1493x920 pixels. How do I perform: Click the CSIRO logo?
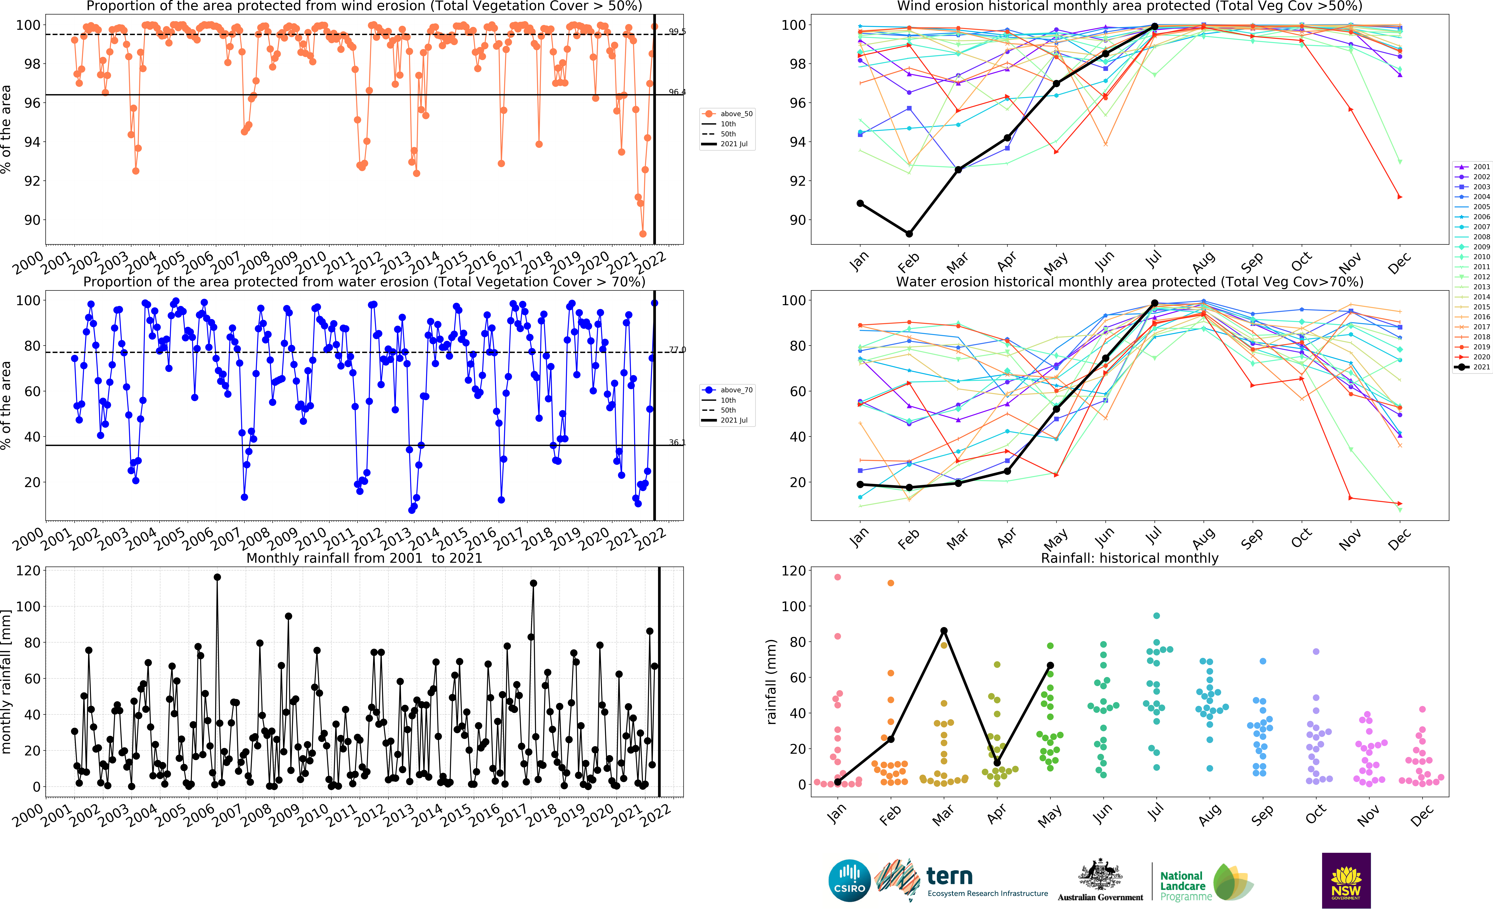coord(849,880)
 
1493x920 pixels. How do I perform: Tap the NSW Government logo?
coord(1346,880)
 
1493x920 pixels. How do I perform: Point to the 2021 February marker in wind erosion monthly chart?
coord(909,234)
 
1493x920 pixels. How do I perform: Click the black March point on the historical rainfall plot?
coord(944,631)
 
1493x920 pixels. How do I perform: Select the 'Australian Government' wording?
coord(1100,898)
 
